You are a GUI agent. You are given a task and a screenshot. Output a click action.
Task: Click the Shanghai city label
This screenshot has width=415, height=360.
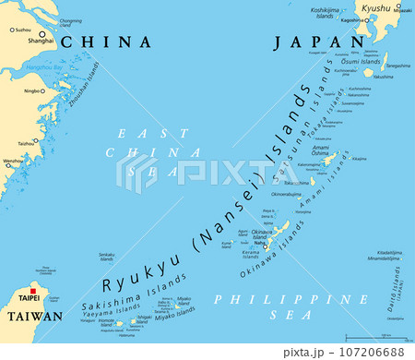41,41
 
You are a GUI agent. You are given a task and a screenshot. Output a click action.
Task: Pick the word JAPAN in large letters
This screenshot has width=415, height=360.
308,42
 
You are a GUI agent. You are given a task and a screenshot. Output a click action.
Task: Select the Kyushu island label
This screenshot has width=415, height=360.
375,8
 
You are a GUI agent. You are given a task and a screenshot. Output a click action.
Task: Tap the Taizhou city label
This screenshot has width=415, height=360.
27,143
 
